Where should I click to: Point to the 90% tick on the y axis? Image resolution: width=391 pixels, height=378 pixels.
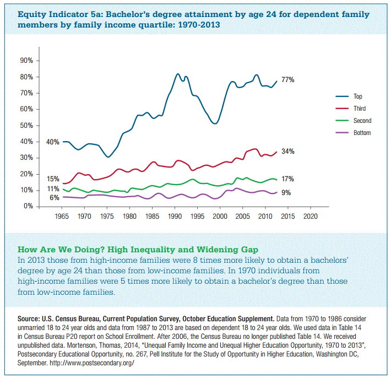pos(27,61)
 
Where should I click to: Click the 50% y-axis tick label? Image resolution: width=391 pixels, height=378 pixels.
pos(27,125)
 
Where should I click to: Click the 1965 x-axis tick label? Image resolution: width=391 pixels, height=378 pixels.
pos(62,216)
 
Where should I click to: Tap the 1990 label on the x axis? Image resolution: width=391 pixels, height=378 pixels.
pos(175,216)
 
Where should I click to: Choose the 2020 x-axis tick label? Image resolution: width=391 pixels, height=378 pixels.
pos(311,216)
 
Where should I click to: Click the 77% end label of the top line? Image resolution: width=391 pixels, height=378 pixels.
pos(287,80)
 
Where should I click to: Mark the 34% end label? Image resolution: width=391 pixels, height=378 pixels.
pos(287,152)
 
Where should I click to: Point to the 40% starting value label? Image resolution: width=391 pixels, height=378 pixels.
pos(53,142)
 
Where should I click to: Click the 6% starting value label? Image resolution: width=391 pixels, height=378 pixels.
pos(55,197)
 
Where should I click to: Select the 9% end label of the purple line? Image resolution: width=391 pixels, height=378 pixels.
pos(286,193)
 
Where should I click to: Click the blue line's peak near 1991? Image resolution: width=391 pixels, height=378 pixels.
pos(177,74)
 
